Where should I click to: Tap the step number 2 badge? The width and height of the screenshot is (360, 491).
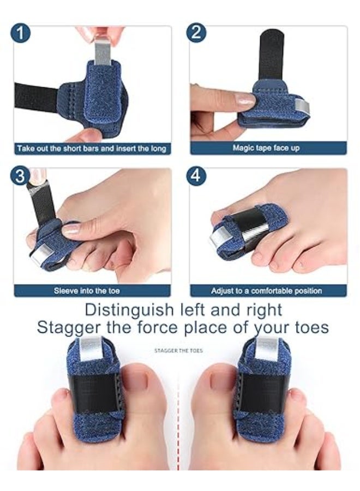click(196, 33)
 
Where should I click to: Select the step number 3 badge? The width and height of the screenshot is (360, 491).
click(20, 177)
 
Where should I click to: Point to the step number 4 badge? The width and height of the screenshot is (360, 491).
click(196, 177)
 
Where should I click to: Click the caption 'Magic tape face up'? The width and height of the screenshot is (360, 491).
click(266, 148)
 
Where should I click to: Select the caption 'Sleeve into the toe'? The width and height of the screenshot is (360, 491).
click(86, 291)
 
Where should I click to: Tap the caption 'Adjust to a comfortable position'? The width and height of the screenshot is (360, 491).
click(266, 291)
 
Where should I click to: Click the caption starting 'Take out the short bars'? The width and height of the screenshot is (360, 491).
click(91, 148)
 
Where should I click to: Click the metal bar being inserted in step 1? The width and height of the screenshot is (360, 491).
click(102, 52)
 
